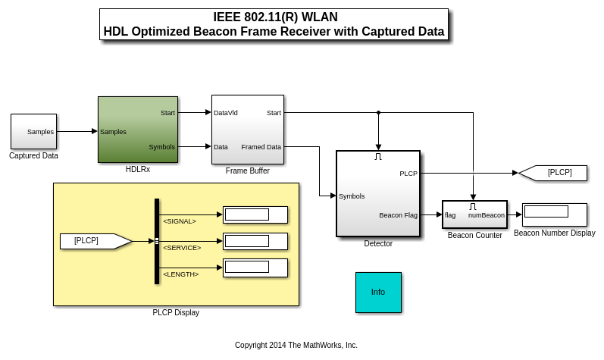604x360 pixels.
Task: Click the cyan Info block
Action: coord(378,292)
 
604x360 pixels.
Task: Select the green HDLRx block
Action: coord(137,130)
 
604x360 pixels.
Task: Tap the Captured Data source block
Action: coord(33,131)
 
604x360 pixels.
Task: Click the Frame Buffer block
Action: coord(247,130)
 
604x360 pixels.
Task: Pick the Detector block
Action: coord(377,194)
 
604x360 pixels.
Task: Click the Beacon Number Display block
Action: coord(554,214)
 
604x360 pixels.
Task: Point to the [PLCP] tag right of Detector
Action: coord(555,173)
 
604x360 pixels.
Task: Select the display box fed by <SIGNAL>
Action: coord(255,214)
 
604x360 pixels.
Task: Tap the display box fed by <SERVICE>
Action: coord(255,241)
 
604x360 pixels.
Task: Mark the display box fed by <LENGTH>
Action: coord(255,268)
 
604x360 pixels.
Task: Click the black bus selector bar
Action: coord(157,241)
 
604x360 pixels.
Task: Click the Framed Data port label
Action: coord(261,147)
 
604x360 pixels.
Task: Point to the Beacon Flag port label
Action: coord(398,215)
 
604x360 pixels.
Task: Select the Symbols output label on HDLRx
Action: coord(161,147)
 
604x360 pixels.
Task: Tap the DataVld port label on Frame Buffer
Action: coord(226,113)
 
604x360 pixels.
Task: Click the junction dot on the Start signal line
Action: coord(378,113)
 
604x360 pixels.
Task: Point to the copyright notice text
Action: coord(296,345)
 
